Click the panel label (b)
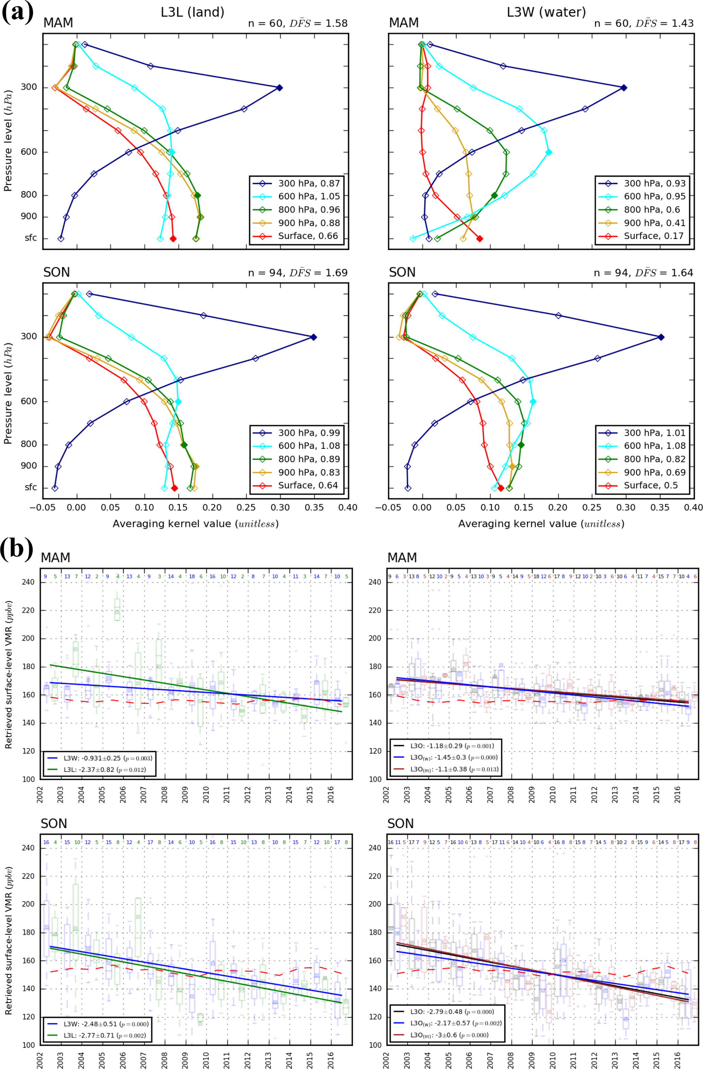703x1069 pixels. (x=17, y=548)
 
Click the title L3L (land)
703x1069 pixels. (x=192, y=12)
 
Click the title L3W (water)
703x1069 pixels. (x=546, y=12)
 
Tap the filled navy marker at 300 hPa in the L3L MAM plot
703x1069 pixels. (x=280, y=88)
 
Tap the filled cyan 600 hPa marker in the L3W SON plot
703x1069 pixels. (x=533, y=402)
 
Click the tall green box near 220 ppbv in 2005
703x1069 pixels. (x=117, y=610)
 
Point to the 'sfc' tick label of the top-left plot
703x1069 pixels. (x=31, y=238)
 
